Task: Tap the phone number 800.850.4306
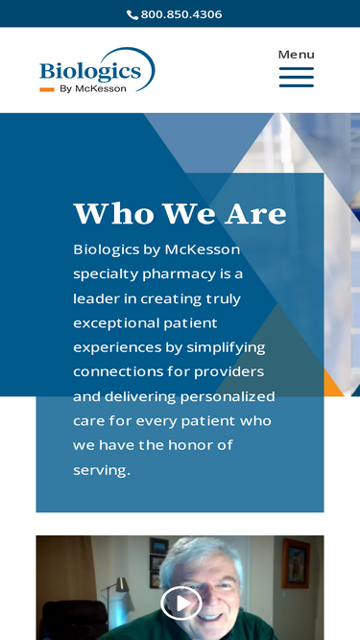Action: [181, 14]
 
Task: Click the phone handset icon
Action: [132, 14]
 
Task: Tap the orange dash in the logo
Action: [46, 89]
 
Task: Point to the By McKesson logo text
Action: [93, 89]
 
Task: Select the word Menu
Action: [296, 54]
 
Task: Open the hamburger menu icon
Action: [296, 77]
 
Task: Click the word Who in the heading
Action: [112, 213]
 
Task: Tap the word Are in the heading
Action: [254, 213]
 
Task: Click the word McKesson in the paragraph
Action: [203, 249]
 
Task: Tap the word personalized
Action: [227, 396]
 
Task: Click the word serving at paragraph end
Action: [101, 470]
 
